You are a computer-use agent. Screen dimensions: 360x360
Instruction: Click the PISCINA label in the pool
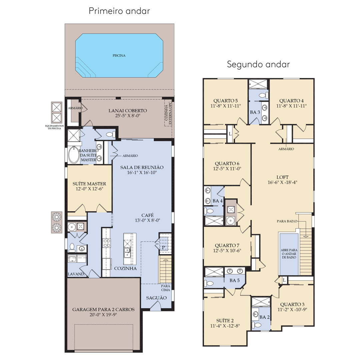click(x=119, y=56)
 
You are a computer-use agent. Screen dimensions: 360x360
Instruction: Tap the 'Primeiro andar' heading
click(x=119, y=11)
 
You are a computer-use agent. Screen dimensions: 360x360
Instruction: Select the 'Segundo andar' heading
click(x=258, y=64)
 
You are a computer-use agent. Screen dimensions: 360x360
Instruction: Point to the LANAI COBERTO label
click(x=128, y=111)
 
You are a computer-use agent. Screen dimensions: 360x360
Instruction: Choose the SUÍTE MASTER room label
click(x=89, y=184)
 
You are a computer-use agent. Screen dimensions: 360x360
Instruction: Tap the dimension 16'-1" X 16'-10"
click(x=142, y=172)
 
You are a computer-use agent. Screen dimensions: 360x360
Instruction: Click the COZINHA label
click(x=125, y=268)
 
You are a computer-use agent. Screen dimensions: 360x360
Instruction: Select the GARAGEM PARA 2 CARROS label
click(x=103, y=309)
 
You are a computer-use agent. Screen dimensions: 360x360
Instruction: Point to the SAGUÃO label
click(x=156, y=298)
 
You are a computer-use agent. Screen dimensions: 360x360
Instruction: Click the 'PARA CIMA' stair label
click(x=166, y=288)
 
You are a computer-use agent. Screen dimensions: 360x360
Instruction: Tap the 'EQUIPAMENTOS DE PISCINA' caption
click(x=54, y=127)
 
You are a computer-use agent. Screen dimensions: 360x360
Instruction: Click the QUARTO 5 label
click(x=225, y=101)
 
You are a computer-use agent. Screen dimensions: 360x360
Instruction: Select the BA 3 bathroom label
click(x=255, y=112)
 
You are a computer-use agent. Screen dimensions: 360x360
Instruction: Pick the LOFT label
click(x=282, y=177)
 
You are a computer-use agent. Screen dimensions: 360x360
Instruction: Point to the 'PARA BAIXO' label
click(x=287, y=221)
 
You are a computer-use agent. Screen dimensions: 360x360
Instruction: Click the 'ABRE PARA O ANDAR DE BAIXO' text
click(x=289, y=254)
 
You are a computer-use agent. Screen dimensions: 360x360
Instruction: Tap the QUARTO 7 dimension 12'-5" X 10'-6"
click(x=227, y=251)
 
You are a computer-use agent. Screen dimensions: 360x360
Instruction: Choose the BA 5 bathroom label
click(x=234, y=280)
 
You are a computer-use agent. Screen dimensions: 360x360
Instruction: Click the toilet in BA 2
click(x=256, y=325)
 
